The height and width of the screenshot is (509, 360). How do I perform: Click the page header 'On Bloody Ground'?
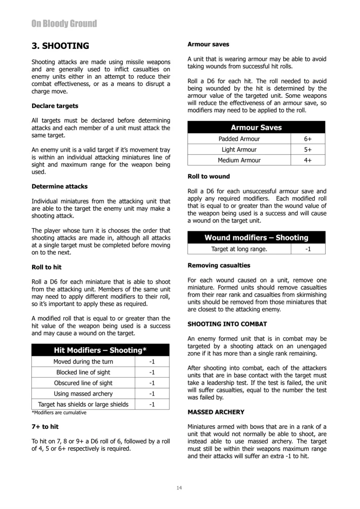point(64,24)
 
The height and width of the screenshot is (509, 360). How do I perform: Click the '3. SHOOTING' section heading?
point(60,46)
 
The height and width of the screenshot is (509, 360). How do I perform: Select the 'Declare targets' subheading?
point(55,106)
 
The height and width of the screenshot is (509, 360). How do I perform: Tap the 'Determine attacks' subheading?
point(60,186)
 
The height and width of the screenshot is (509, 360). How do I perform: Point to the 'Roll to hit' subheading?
point(46,267)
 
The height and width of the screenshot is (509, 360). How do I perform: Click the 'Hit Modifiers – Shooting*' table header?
point(100,350)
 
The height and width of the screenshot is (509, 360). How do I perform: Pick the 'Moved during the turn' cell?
point(83,361)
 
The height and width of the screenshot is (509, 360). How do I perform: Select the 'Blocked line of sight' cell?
point(83,372)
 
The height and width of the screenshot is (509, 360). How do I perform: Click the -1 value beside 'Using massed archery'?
point(152,394)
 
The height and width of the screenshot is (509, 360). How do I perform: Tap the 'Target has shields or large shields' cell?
point(83,404)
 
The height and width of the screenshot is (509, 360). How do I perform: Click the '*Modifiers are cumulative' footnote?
point(59,413)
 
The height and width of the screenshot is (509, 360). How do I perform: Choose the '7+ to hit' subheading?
point(45,426)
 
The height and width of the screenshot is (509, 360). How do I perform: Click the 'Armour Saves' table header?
point(256,127)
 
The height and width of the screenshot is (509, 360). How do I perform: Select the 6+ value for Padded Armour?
point(308,139)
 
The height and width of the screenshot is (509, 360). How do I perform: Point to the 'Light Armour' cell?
point(239,150)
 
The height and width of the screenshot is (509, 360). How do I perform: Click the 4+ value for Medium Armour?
point(308,160)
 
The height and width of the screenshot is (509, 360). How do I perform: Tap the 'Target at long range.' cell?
point(239,249)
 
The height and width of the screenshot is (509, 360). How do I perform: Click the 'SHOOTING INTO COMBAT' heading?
point(227,324)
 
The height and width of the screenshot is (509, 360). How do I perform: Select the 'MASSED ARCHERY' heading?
point(216,412)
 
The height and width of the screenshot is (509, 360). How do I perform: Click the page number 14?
point(179,488)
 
